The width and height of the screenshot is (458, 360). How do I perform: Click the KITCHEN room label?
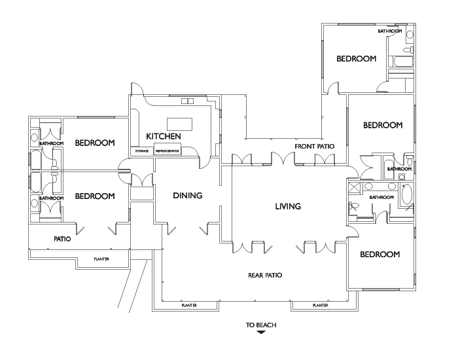[163, 136]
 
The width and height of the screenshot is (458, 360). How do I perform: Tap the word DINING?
[187, 195]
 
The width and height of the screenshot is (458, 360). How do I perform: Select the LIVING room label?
[288, 206]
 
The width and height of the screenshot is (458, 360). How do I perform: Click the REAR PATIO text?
[265, 276]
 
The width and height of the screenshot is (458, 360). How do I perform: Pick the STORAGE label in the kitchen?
[141, 151]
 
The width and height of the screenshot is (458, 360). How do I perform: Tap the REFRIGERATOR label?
[167, 151]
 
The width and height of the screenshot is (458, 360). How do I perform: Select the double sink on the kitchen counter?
[188, 101]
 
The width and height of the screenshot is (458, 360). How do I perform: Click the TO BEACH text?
[260, 324]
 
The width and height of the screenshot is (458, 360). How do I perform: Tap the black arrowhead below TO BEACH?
[260, 333]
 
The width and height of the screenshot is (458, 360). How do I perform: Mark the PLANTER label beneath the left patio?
[101, 259]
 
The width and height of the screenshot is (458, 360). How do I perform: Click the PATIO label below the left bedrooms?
[62, 239]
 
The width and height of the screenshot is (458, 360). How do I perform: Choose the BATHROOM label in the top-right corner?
[390, 31]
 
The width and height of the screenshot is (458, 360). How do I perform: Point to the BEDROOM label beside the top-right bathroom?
[357, 59]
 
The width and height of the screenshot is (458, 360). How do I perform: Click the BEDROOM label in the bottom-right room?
[380, 254]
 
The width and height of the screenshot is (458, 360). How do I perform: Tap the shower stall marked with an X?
[354, 188]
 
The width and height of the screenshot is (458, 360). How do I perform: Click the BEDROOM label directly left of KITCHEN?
[95, 143]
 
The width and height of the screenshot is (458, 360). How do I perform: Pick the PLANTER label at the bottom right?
[320, 305]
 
